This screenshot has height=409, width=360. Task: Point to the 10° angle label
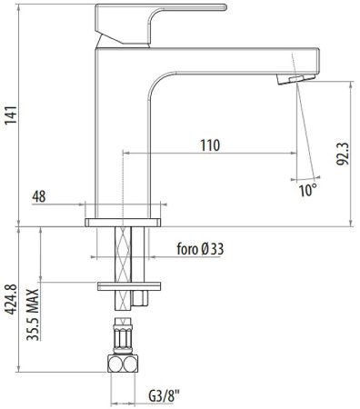click(x=308, y=190)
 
